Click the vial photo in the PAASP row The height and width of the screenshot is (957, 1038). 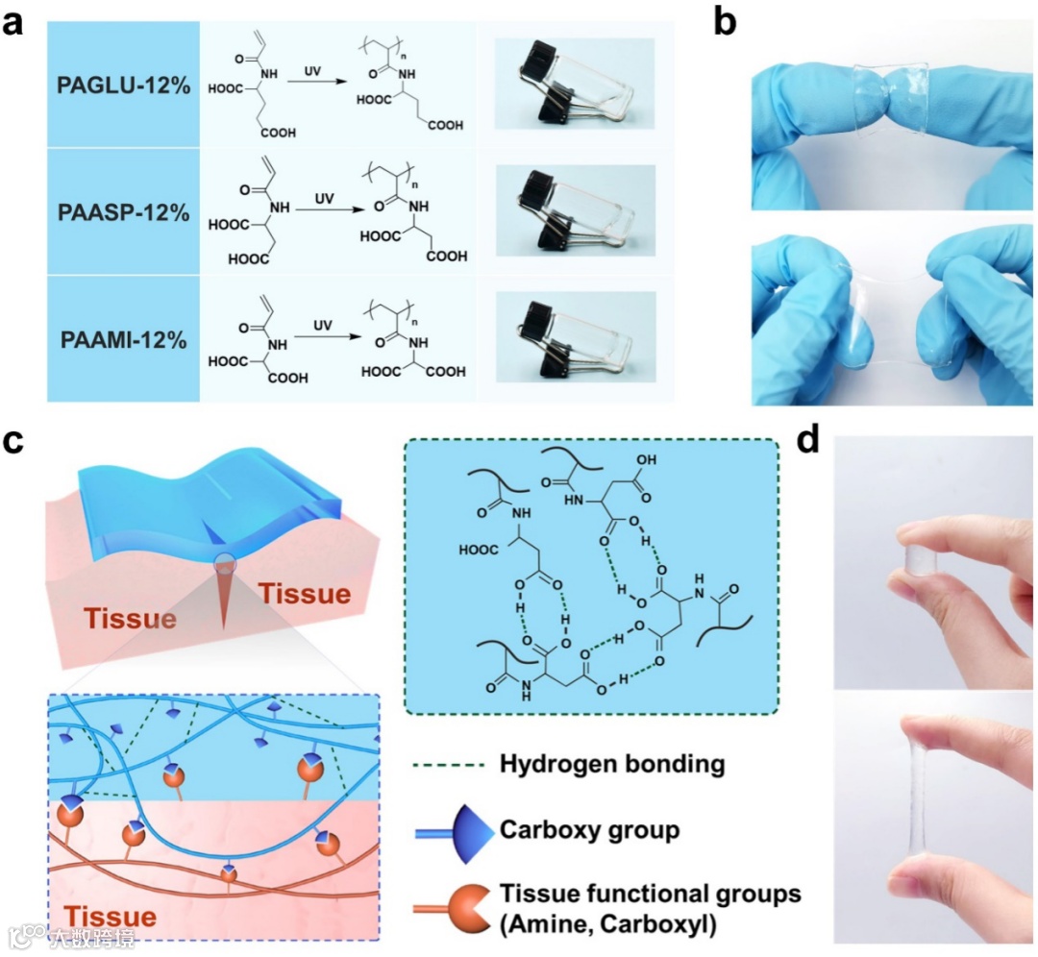[x=574, y=212]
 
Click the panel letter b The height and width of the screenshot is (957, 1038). [x=725, y=21]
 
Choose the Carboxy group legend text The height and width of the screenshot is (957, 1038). [x=589, y=828]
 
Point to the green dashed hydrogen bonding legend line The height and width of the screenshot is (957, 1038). [x=443, y=766]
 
